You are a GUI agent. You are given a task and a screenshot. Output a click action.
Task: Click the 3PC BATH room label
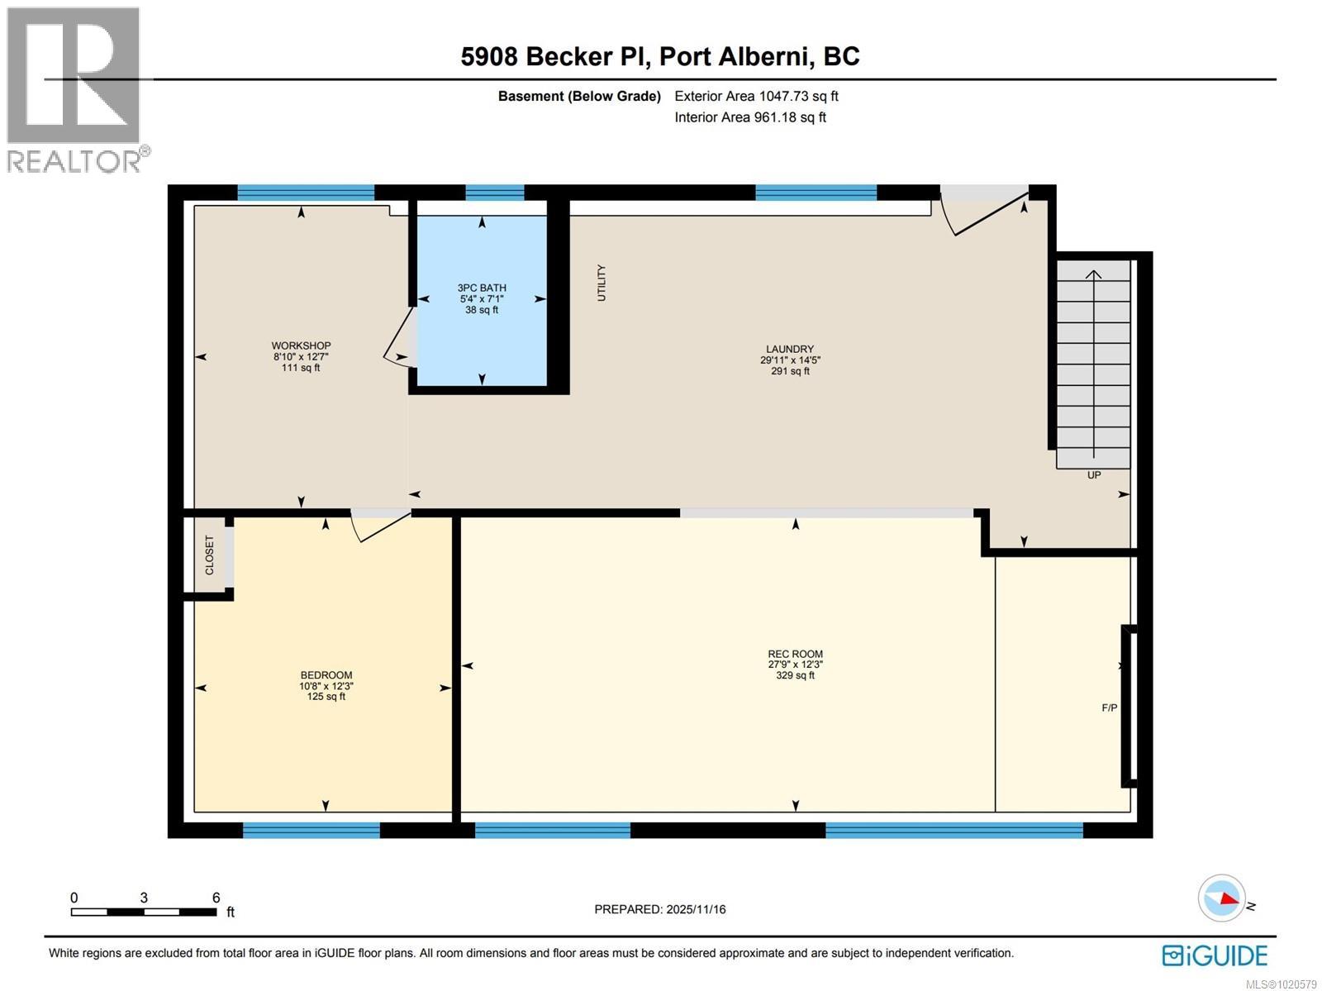pos(482,288)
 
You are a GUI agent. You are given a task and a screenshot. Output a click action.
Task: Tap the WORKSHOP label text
pos(301,345)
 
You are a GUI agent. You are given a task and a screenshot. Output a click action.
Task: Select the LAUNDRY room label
pos(789,349)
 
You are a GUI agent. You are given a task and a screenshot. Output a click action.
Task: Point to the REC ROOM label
pos(795,654)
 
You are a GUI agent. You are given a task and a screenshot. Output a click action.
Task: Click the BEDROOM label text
pos(326,675)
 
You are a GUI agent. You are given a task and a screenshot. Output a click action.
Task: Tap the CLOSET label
pos(209,555)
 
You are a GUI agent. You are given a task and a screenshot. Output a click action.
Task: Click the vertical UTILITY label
pos(602,283)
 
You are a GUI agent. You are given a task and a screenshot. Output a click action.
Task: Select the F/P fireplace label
pos(1109,708)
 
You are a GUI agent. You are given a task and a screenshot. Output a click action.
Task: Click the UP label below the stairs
pos(1093,475)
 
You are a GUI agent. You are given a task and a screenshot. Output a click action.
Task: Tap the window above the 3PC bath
pos(494,193)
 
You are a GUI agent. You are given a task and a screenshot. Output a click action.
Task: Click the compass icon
pos(1221,898)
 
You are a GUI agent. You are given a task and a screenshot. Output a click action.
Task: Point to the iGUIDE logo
pos(1214,955)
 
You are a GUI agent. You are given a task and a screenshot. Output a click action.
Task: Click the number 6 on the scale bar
pos(216,898)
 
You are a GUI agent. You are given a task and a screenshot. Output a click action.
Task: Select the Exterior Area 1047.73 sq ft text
pos(756,96)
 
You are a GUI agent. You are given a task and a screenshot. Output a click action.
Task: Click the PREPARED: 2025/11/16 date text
pos(659,909)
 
